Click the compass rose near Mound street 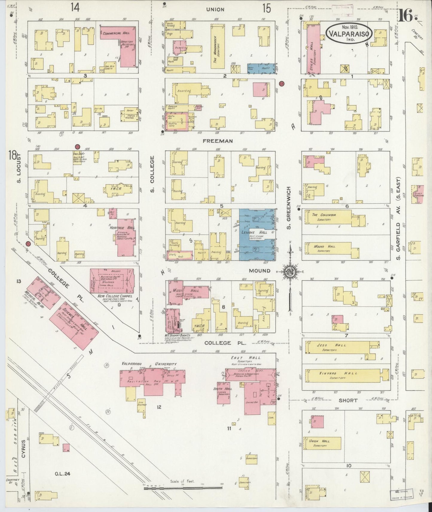290,271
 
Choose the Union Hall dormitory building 322,443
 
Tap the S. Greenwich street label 289,208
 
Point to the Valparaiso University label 149,364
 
